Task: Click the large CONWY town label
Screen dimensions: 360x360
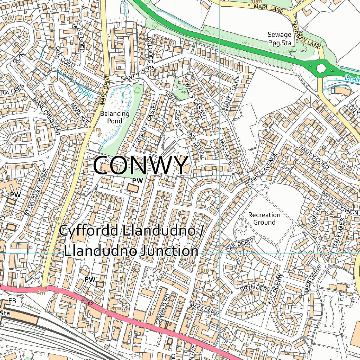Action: click(x=141, y=165)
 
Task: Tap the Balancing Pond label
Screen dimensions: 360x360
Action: click(x=115, y=117)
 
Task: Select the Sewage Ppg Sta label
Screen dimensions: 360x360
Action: click(x=279, y=39)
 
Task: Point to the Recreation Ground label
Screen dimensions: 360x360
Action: click(x=264, y=218)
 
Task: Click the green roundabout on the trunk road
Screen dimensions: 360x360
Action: click(x=321, y=67)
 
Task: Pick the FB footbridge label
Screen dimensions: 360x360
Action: click(x=12, y=301)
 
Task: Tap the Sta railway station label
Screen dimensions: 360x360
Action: click(x=5, y=313)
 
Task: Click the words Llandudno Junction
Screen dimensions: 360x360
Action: click(x=131, y=251)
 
